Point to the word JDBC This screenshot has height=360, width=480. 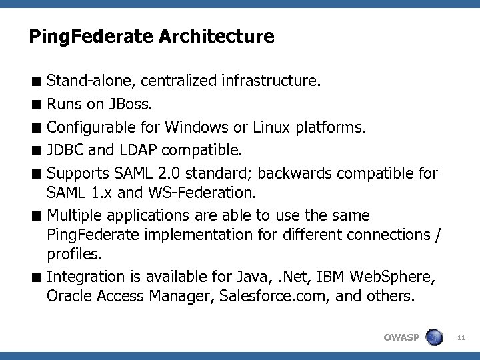[x=65, y=149]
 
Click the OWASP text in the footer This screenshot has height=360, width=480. [x=401, y=337]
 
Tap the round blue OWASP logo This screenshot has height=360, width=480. [x=435, y=337]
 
